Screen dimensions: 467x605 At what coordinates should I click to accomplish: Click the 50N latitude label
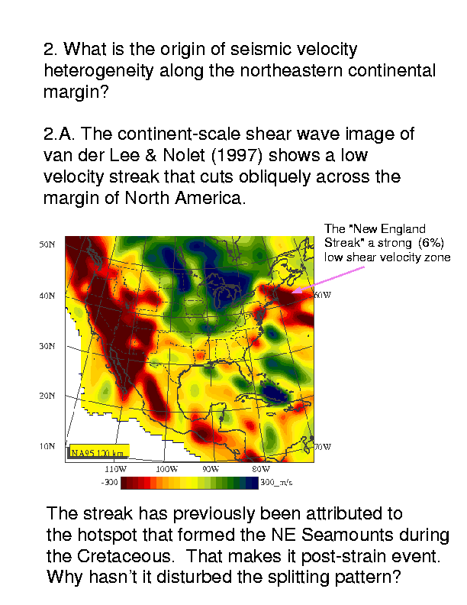(x=47, y=244)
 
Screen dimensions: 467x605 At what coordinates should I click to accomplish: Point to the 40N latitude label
(x=47, y=296)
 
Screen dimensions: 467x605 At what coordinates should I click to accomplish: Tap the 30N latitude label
(x=47, y=346)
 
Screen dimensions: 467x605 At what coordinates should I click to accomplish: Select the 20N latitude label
(x=47, y=396)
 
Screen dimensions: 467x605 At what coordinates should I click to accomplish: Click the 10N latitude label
(x=47, y=446)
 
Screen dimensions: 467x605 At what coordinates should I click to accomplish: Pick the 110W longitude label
(x=115, y=469)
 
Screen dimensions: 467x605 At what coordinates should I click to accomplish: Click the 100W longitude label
(x=167, y=469)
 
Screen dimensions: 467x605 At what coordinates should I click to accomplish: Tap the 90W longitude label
(x=211, y=469)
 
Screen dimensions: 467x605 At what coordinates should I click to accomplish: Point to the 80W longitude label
(x=261, y=469)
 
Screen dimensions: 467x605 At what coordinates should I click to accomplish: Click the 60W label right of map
(x=323, y=295)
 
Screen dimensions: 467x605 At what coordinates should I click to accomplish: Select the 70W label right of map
(x=323, y=447)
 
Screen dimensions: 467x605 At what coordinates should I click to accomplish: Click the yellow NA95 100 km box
(x=99, y=451)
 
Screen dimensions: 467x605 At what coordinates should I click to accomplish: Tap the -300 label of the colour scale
(x=109, y=482)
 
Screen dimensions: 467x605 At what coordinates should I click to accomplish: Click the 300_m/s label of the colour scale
(x=276, y=482)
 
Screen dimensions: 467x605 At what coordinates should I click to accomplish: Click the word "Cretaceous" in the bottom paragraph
(x=124, y=556)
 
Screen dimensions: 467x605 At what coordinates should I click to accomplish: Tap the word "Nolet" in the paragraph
(x=183, y=155)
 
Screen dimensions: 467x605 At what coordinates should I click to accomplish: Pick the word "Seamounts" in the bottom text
(x=347, y=535)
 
